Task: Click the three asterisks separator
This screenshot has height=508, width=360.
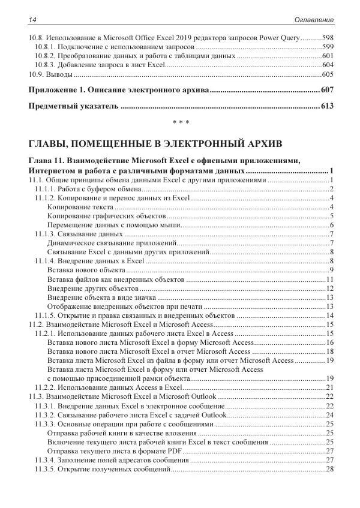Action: tap(181, 124)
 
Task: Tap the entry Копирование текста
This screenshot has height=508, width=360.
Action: tap(77, 207)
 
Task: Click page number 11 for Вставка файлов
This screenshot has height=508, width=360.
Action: tap(329, 279)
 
